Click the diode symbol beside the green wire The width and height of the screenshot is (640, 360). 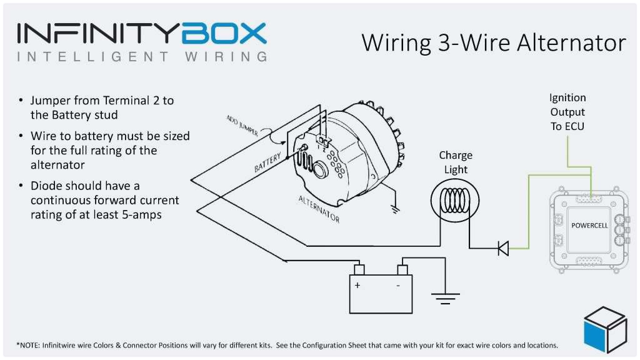(502, 248)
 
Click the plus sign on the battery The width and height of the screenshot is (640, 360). (357, 285)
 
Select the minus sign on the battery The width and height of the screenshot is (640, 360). (398, 285)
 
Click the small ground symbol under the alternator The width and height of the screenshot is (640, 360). (394, 209)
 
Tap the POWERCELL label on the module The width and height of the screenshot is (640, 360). (590, 224)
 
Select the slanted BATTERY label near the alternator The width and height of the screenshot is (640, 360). (268, 161)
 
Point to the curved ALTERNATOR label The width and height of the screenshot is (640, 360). (319, 208)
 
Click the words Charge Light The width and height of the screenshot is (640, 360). (456, 162)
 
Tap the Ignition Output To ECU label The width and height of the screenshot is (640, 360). (567, 112)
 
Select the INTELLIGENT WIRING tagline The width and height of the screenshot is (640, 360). (142, 57)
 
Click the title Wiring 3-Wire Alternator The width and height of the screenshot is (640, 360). (493, 42)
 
